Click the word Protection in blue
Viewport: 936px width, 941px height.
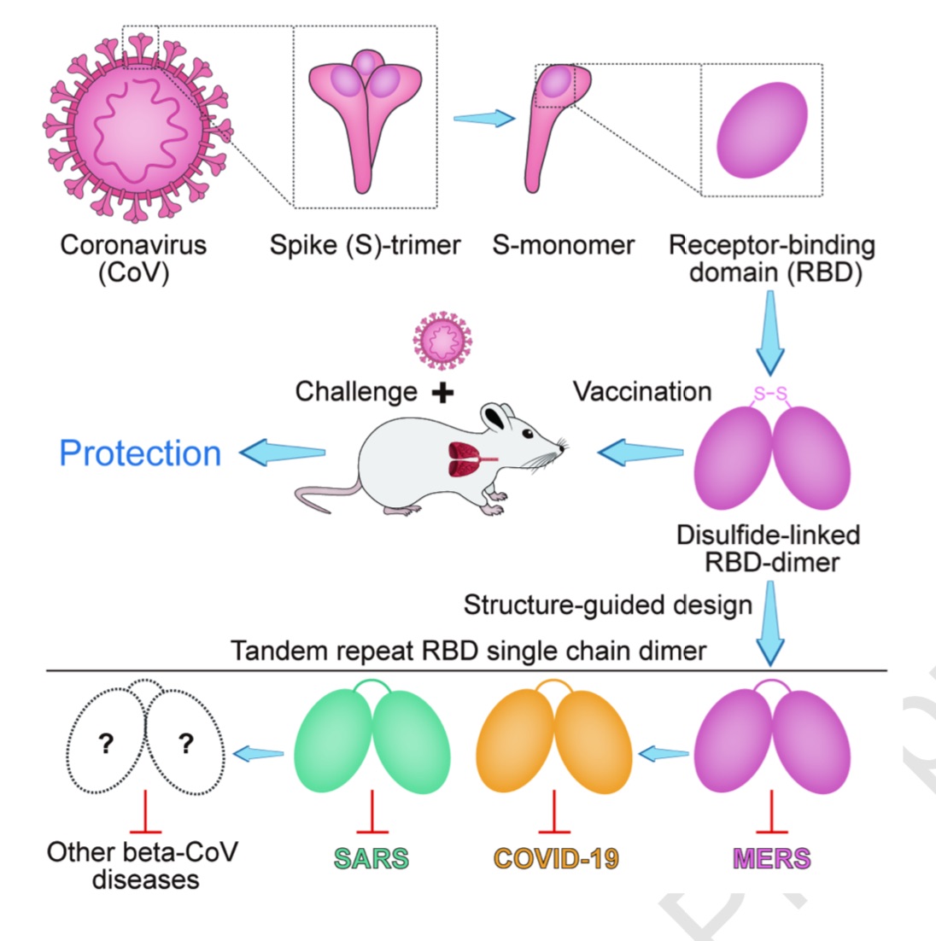(x=140, y=453)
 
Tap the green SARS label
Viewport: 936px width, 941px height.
(x=371, y=858)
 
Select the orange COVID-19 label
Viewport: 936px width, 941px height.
(x=556, y=858)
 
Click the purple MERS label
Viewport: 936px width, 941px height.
(x=771, y=858)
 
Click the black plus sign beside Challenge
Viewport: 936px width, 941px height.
(x=442, y=393)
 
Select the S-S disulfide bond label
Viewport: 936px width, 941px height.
(x=770, y=395)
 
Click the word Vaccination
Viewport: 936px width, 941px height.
(x=642, y=392)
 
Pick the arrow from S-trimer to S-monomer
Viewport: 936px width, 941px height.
(x=483, y=118)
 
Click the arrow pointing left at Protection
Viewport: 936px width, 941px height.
(x=282, y=453)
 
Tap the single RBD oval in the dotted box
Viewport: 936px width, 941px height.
(x=762, y=129)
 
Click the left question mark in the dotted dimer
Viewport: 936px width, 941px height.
(x=106, y=745)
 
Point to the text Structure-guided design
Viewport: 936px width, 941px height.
(x=607, y=605)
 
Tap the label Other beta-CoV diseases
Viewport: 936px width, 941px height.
(x=143, y=866)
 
